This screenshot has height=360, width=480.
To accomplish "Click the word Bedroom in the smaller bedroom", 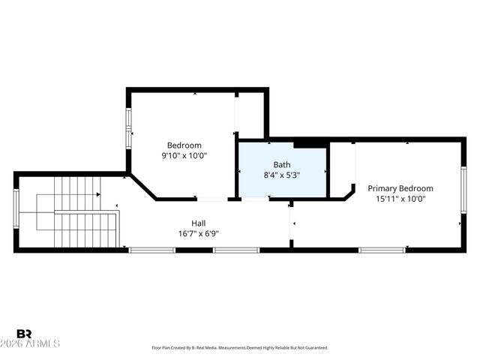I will pos(184,145).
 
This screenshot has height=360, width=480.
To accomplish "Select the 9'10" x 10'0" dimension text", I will pos(184,156).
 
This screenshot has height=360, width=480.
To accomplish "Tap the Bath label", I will pos(282,165).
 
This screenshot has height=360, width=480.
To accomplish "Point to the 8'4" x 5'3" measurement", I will pos(282,175).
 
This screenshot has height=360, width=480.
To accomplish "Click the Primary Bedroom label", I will pos(400,188).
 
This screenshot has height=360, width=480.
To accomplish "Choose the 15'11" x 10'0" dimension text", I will pos(400,199).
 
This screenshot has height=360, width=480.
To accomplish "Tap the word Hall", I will pos(198,223).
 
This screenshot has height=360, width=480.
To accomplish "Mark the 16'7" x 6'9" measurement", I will pos(198,233).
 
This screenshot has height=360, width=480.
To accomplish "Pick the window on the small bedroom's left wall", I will pos(128,127).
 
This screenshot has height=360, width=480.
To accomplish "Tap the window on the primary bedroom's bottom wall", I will pos(382,250).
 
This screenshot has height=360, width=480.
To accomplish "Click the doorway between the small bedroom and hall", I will pos(212,199).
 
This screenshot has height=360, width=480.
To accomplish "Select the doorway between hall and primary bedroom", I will pos(291,223).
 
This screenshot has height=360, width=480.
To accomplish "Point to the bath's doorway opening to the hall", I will pos(256,199).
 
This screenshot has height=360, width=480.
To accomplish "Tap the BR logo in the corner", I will pos(24,334).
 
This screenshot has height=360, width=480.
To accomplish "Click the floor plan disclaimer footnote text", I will pos(239,348).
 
